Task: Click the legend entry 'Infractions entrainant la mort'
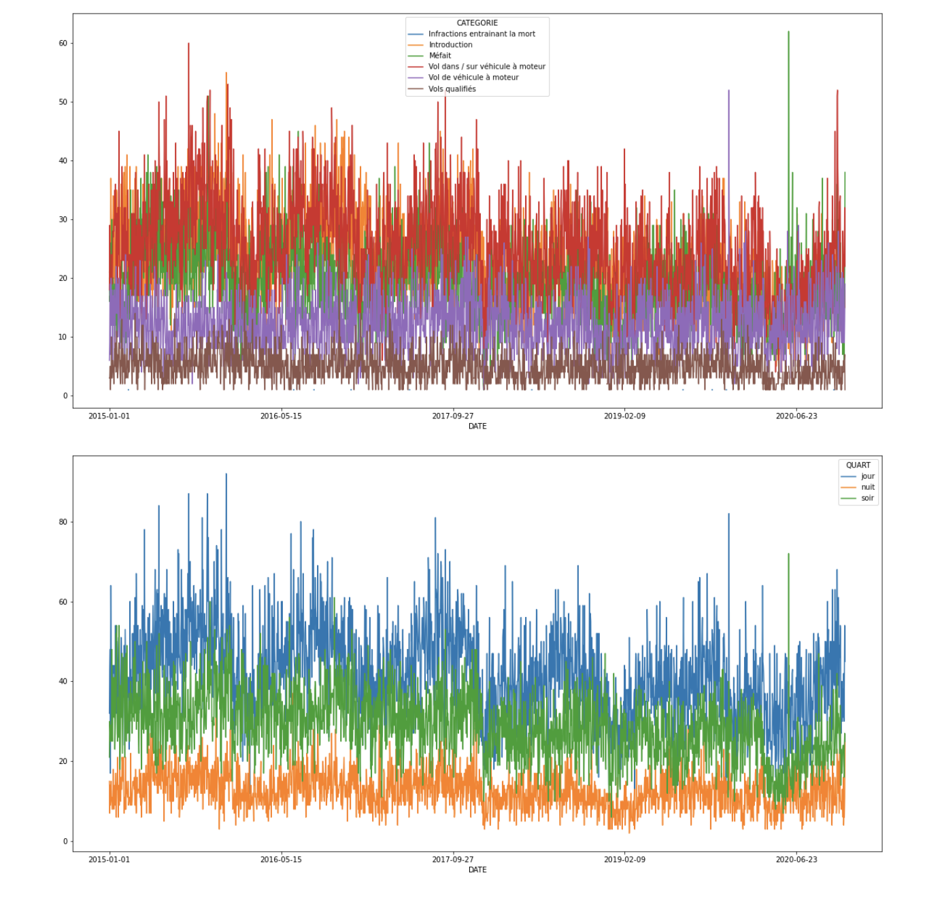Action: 482,34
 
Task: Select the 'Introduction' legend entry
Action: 450,45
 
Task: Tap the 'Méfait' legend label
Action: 439,56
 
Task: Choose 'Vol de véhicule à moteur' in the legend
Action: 473,78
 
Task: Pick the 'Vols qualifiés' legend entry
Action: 452,89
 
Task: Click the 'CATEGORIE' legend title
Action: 477,23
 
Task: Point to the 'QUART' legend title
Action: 858,465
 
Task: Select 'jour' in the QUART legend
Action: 867,476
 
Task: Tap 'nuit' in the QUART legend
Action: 867,487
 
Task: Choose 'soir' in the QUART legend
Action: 867,498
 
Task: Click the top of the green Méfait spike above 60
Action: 788,32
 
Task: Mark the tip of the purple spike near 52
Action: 728,90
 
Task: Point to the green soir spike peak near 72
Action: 788,554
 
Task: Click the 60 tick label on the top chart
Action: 63,43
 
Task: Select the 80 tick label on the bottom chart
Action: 63,522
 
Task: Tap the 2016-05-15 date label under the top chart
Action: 281,416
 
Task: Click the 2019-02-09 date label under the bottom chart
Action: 624,859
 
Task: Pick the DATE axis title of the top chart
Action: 477,427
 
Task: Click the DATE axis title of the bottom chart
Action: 477,870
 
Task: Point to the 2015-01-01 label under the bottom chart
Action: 109,859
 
